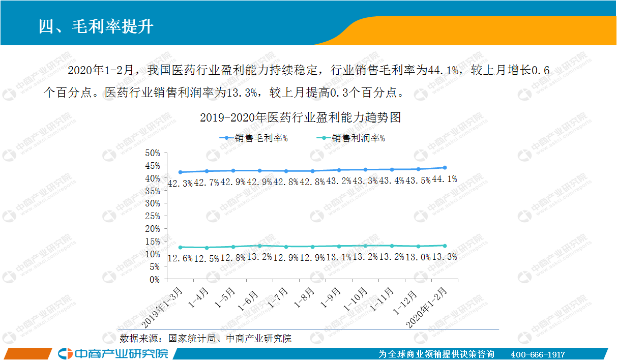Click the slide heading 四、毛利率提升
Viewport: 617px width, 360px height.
tap(96, 27)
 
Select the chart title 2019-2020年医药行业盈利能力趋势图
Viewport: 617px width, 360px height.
tap(300, 117)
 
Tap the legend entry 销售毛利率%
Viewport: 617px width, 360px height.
tap(253, 138)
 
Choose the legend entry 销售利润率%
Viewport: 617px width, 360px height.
tap(350, 138)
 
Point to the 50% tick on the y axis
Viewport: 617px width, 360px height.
tap(153, 153)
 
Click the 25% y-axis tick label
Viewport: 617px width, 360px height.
tap(153, 216)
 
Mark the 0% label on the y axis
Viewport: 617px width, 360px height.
tap(155, 280)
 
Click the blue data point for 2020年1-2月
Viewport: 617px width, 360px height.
tap(445, 167)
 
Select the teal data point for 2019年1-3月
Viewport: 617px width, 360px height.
tap(181, 247)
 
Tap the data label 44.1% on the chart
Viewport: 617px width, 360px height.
tap(445, 179)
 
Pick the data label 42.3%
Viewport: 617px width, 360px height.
tap(180, 183)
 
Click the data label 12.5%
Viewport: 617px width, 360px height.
tap(207, 258)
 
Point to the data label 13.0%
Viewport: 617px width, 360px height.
tap(418, 257)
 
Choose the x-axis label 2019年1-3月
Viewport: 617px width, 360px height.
tap(162, 308)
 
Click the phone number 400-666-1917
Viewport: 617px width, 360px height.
tap(538, 354)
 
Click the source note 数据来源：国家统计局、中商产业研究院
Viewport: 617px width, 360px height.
tap(205, 338)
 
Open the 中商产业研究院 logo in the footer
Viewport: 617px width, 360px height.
tap(113, 354)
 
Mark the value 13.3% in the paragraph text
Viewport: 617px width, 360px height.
tap(242, 93)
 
